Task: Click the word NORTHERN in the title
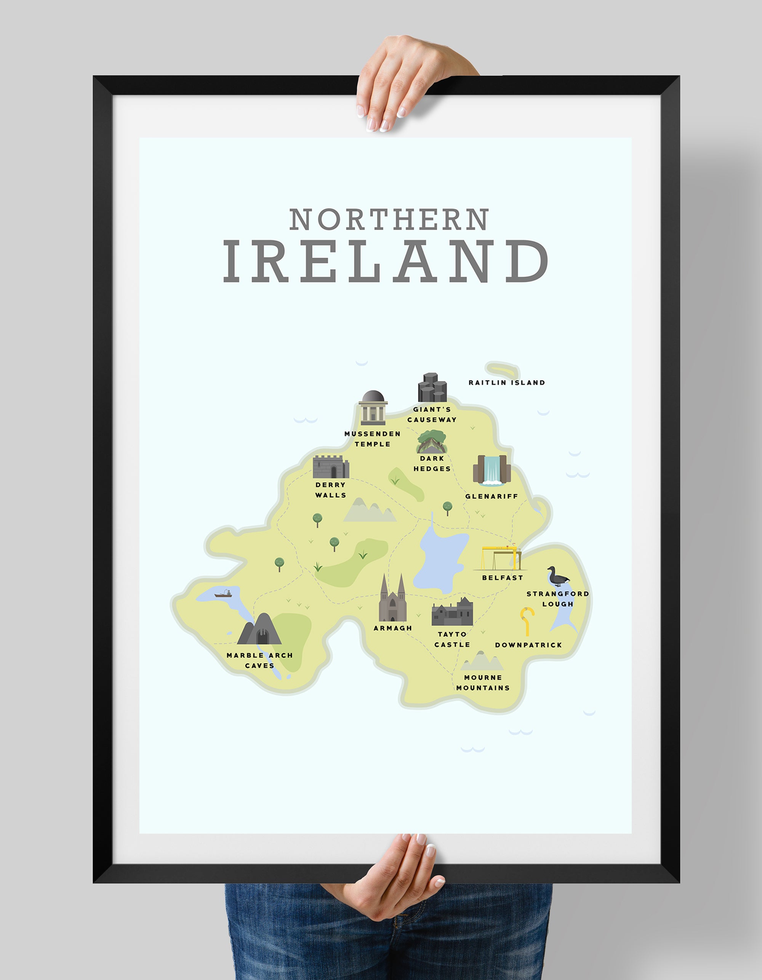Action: coord(389,219)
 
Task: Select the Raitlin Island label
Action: coord(507,383)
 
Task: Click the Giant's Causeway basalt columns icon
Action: coord(432,388)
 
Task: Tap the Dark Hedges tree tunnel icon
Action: coord(432,442)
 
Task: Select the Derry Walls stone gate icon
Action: coord(331,467)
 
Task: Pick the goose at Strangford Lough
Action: coord(557,577)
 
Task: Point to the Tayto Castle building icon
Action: coord(452,613)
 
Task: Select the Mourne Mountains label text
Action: coord(483,682)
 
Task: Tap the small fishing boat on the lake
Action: coord(223,595)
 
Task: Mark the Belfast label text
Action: coord(502,578)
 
